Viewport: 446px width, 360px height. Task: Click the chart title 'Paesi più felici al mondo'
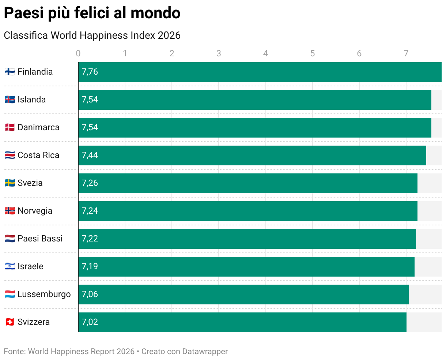click(92, 13)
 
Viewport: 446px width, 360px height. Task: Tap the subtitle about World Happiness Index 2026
click(92, 35)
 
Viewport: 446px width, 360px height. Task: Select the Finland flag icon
click(10, 72)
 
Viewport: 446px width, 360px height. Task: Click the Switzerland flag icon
click(10, 322)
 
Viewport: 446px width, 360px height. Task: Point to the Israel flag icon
click(10, 266)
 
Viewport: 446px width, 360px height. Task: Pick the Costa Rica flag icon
click(10, 155)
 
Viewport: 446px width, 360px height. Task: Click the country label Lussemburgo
click(44, 294)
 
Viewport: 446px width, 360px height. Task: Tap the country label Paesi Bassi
click(40, 239)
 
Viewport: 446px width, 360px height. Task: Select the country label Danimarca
click(38, 127)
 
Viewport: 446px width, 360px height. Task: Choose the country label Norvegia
click(35, 211)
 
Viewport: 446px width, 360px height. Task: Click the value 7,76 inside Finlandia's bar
click(90, 72)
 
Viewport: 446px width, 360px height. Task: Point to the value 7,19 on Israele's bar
click(90, 266)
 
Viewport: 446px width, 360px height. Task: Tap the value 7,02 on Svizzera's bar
click(90, 322)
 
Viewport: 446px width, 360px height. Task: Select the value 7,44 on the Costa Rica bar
click(90, 155)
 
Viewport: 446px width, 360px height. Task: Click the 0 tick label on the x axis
click(78, 53)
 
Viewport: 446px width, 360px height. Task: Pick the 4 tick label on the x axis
click(266, 53)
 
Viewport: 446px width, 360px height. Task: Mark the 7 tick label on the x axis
click(406, 53)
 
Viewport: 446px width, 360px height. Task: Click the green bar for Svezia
click(248, 183)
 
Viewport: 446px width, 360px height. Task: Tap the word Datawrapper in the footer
click(205, 352)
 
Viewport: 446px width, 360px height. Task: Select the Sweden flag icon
click(10, 183)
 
